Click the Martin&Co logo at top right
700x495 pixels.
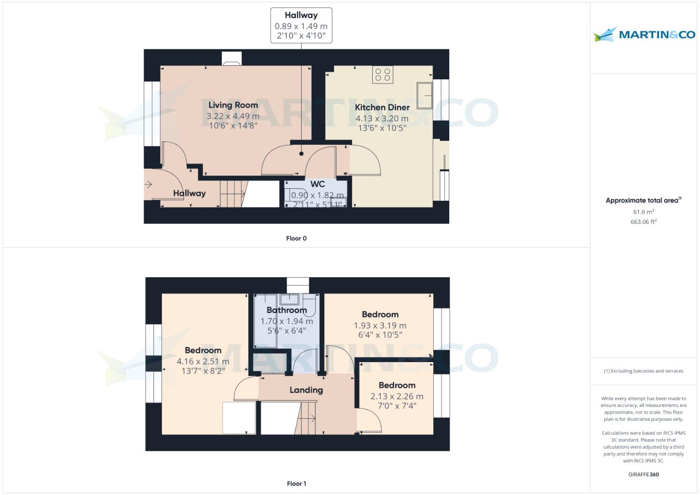[x=644, y=34]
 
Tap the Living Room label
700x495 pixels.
[x=233, y=105]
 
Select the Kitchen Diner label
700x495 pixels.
[x=382, y=107]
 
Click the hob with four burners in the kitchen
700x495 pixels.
[x=382, y=75]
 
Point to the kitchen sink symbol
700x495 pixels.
[x=424, y=95]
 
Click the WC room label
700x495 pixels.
[x=317, y=184]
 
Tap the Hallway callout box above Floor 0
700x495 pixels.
[x=301, y=26]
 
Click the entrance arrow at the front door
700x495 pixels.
[x=149, y=185]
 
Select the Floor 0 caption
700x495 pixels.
[x=296, y=238]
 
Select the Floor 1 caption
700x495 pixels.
[x=296, y=484]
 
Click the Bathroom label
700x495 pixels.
[x=287, y=310]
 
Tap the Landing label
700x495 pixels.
[x=306, y=390]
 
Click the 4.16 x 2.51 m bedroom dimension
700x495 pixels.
[x=203, y=361]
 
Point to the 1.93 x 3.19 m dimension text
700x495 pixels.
[x=380, y=325]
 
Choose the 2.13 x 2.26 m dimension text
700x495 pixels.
[x=397, y=396]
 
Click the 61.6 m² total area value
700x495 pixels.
[x=643, y=212]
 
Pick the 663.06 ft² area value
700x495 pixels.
[x=643, y=222]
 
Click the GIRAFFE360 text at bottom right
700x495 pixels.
[x=643, y=474]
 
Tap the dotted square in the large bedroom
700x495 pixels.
[x=239, y=418]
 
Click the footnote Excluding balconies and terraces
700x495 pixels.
[x=643, y=371]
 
